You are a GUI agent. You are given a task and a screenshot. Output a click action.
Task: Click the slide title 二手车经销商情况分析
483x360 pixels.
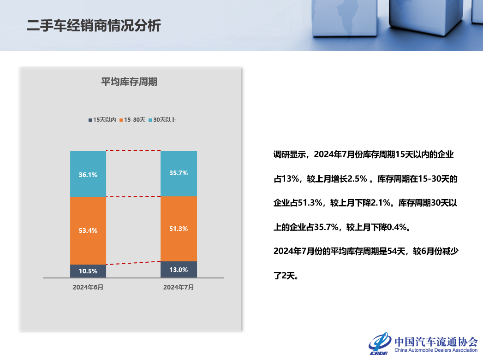click(94, 25)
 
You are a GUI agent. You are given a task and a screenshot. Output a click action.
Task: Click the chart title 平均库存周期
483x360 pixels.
click(129, 82)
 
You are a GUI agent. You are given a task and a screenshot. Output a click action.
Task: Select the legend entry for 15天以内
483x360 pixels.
click(102, 120)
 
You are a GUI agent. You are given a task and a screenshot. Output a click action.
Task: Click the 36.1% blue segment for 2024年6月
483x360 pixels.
click(88, 174)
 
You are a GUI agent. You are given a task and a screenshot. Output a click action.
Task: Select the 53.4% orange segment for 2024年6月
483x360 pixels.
click(88, 230)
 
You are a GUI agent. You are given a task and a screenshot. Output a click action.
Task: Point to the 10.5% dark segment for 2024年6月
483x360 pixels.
click(88, 271)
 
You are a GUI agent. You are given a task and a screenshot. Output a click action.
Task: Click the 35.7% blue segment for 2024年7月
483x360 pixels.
click(179, 173)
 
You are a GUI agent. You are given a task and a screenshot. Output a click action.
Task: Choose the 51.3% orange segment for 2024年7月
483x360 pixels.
click(179, 229)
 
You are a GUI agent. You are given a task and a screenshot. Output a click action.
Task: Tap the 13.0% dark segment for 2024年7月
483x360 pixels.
click(179, 270)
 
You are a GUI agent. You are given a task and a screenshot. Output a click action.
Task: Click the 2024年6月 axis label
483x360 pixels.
click(88, 287)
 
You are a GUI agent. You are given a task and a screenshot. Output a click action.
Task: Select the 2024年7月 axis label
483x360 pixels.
click(179, 287)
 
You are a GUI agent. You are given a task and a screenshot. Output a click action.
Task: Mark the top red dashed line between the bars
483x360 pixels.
click(133, 151)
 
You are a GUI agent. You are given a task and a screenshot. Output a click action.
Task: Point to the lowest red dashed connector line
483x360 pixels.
click(133, 263)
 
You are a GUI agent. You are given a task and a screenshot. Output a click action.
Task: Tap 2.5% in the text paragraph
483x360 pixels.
click(356, 179)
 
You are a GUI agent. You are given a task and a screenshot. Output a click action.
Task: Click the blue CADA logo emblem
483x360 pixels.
click(380, 343)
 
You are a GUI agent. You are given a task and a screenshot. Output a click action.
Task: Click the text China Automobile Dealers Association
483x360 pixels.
click(435, 351)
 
